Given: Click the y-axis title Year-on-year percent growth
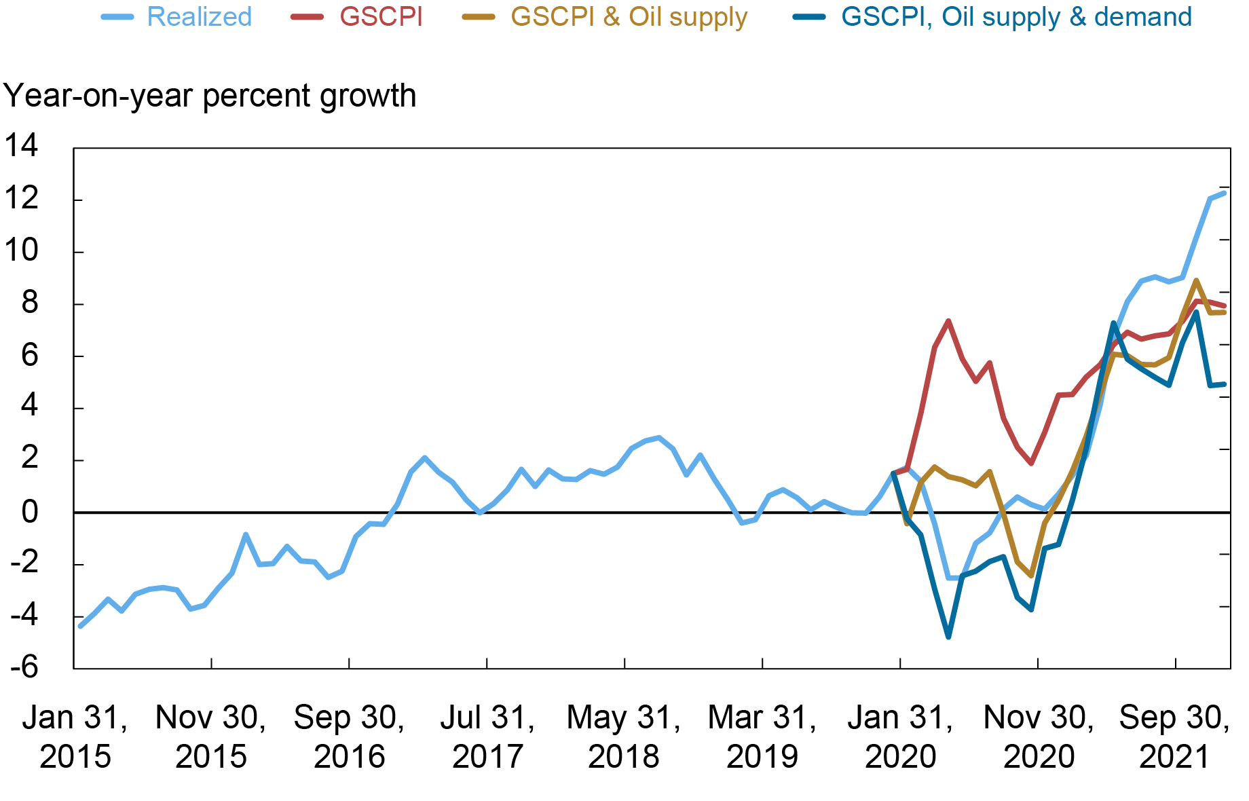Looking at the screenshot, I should (210, 96).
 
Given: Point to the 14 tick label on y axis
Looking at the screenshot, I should (22, 146).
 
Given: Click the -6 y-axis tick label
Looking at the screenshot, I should (24, 667).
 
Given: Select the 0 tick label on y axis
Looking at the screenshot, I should (30, 512).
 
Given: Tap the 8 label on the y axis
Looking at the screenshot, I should (30, 303).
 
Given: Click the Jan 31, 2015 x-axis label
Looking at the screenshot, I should (75, 737).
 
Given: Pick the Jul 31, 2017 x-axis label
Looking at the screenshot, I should (487, 737).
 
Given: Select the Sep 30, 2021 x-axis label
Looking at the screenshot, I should (1174, 737).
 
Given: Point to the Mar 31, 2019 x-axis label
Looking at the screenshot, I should (762, 737).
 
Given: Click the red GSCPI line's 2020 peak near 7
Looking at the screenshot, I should (948, 320).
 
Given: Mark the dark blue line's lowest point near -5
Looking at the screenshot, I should (948, 637).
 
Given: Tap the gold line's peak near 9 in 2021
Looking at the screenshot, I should (1196, 280).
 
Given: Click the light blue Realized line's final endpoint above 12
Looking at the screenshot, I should (1224, 193).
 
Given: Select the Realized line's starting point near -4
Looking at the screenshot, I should (80, 626).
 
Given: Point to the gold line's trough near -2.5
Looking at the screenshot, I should (1031, 576).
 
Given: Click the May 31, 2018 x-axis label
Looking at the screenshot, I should (624, 737).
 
